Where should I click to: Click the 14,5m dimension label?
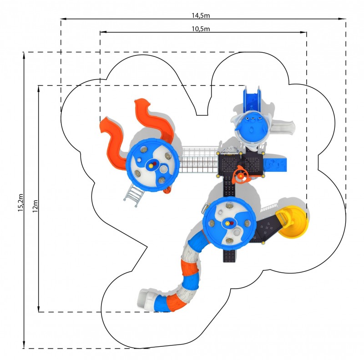[201, 15]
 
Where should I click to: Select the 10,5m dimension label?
[201, 29]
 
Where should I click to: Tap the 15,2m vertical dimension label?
[20, 202]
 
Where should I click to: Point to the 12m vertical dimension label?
[35, 206]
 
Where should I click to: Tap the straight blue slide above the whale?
[252, 99]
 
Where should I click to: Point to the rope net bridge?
[199, 160]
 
